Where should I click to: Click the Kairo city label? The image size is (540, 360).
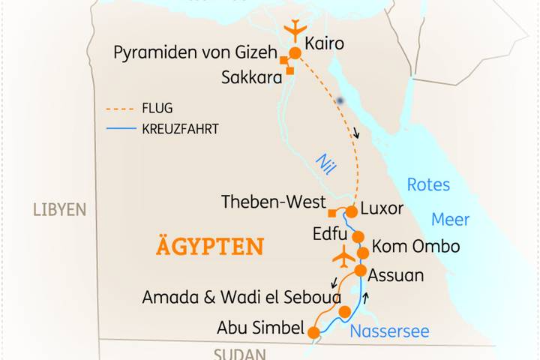(x=325, y=44)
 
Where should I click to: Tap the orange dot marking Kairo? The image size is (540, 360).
(x=295, y=53)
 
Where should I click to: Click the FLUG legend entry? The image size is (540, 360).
(x=157, y=108)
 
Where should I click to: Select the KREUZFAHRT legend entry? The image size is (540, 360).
(x=179, y=129)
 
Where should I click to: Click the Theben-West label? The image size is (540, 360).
(x=274, y=202)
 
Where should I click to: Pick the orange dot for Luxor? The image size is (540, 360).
(x=350, y=211)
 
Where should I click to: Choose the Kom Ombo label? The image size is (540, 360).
(x=415, y=247)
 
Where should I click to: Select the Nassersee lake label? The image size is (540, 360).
(x=389, y=331)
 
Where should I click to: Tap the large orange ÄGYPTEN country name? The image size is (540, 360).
(x=210, y=246)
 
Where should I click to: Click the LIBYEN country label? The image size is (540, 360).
(x=60, y=209)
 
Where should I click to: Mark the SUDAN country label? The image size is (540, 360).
(x=240, y=354)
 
